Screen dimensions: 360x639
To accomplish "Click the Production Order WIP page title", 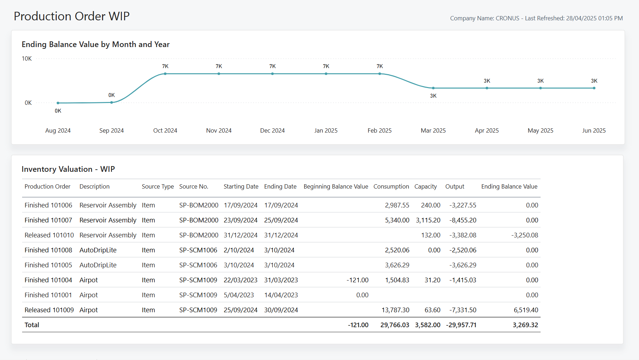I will (x=71, y=16).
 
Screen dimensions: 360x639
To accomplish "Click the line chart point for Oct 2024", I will (x=165, y=74).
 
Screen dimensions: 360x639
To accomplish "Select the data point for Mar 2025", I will (x=433, y=88).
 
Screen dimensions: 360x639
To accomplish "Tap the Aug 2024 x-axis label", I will (x=58, y=130).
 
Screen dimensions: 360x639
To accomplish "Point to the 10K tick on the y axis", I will (x=27, y=58).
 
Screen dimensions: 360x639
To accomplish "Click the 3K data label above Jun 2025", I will (x=594, y=81).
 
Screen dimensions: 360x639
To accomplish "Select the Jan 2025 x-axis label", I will (x=326, y=130).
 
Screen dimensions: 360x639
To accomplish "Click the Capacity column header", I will (x=425, y=186).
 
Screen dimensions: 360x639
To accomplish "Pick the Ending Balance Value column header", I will (x=509, y=186).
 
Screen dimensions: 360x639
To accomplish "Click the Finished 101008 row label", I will (x=48, y=250).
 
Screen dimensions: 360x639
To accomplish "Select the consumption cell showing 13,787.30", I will (x=395, y=310).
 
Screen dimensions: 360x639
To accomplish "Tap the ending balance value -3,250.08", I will (x=525, y=235).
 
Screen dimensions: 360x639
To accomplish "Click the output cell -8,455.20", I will (x=463, y=220).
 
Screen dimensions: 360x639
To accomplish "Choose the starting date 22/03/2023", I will (x=240, y=280).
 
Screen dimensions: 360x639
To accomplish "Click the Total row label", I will (x=32, y=325).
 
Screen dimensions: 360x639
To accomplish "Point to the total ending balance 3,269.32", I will (x=525, y=325).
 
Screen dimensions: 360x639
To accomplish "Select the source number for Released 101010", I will (x=199, y=235).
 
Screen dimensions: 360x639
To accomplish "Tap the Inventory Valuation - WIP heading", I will (x=68, y=169).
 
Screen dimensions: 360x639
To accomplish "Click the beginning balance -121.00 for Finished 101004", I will (x=357, y=280).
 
